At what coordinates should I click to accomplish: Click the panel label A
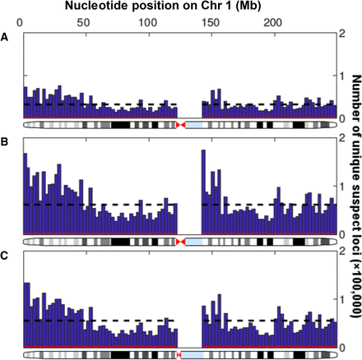coord(6,35)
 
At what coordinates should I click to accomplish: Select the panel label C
coord(6,255)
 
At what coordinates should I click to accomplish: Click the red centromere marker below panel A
coord(180,124)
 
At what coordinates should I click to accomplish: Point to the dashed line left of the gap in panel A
coord(99,104)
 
